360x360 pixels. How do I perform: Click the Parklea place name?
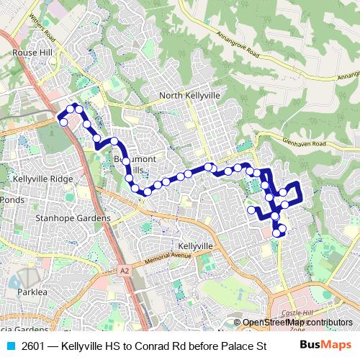click(32, 293)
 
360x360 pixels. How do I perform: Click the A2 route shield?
click(125, 271)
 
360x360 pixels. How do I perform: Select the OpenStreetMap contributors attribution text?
click(297, 323)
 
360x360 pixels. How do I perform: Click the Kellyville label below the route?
click(196, 246)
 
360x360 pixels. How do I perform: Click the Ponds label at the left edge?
click(12, 199)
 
